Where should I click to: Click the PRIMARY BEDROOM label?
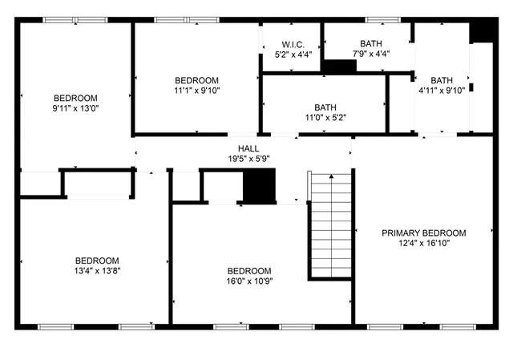tap(423, 233)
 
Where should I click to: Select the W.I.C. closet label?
tap(292, 44)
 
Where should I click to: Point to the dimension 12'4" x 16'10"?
tap(423, 243)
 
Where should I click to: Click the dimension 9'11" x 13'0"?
tap(75, 107)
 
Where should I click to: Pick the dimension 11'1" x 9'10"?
tap(196, 91)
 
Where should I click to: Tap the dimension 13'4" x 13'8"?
tap(97, 271)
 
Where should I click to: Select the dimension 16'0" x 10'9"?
tap(248, 281)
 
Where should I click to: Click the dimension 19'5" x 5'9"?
tap(248, 159)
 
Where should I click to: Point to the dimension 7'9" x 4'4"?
tap(371, 55)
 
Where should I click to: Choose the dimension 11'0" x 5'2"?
tap(325, 117)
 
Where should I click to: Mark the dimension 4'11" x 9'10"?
tap(442, 91)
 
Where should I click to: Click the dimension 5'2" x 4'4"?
tap(292, 55)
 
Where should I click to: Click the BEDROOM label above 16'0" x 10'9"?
tap(248, 271)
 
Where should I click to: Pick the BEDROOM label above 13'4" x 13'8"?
tap(97, 261)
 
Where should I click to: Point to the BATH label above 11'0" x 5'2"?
tap(325, 107)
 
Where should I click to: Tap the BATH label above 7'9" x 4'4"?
tap(371, 44)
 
